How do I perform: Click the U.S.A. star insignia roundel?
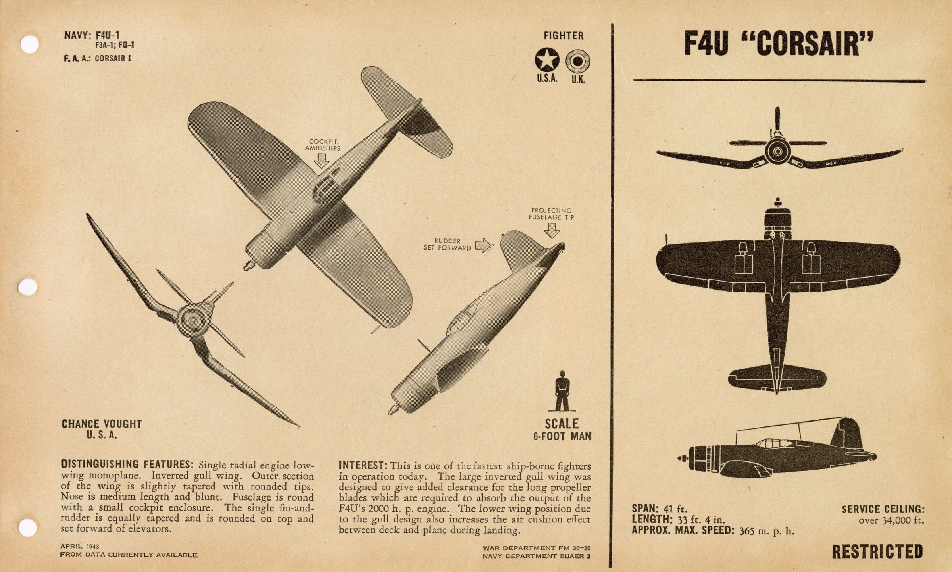point(547,60)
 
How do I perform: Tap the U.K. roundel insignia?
point(578,61)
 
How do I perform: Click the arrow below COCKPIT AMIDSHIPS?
point(322,161)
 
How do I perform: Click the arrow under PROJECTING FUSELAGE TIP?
point(552,230)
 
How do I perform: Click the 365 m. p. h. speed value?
point(767,531)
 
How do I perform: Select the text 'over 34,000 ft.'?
point(891,520)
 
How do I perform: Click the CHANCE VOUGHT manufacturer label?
point(102,424)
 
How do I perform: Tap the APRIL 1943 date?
point(79,546)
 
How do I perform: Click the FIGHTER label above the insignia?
point(564,36)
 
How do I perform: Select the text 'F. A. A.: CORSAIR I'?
point(97,58)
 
